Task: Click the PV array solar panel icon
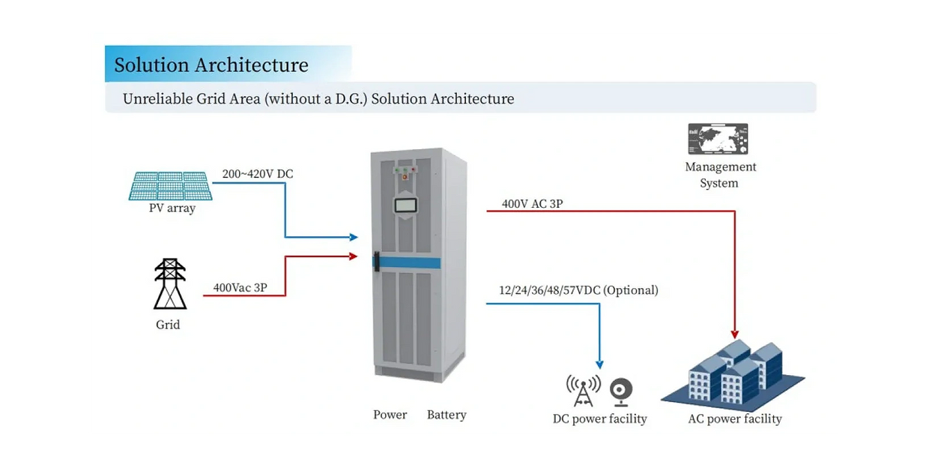tap(170, 185)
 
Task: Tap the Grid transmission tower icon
tap(170, 284)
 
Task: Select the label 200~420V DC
tap(258, 174)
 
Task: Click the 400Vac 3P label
tap(240, 287)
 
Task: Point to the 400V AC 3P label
tap(532, 203)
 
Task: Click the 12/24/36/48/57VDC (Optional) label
tap(578, 290)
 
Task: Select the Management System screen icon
tap(717, 139)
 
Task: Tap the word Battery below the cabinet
tap(447, 415)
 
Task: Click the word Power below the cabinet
tap(390, 415)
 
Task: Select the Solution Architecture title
tap(211, 65)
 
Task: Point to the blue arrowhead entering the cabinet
tap(354, 237)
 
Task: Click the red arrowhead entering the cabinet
tap(354, 256)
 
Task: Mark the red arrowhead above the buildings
tap(735, 334)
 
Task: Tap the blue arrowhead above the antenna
tap(599, 364)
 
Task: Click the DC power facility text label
tap(599, 419)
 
